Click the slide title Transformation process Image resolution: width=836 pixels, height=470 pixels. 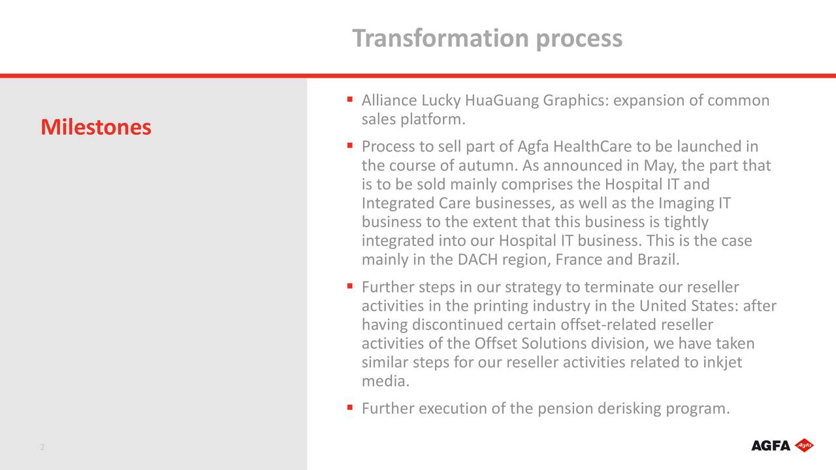pyautogui.click(x=487, y=39)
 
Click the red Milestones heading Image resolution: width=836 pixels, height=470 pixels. pyautogui.click(x=95, y=127)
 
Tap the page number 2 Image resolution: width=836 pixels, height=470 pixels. pyautogui.click(x=42, y=447)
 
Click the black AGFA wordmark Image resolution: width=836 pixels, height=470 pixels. pyautogui.click(x=771, y=446)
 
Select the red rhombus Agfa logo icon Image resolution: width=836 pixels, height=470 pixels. pyautogui.click(x=804, y=445)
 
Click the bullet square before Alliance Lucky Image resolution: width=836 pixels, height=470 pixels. pyautogui.click(x=351, y=100)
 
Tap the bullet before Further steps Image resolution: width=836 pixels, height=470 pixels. pyautogui.click(x=351, y=286)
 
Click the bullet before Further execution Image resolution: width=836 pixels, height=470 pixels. pyautogui.click(x=351, y=408)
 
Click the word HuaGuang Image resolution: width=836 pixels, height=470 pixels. pyautogui.click(x=502, y=101)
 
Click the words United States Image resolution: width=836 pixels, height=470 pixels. pyautogui.click(x=688, y=306)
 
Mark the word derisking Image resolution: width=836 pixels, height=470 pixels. pyautogui.click(x=628, y=409)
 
